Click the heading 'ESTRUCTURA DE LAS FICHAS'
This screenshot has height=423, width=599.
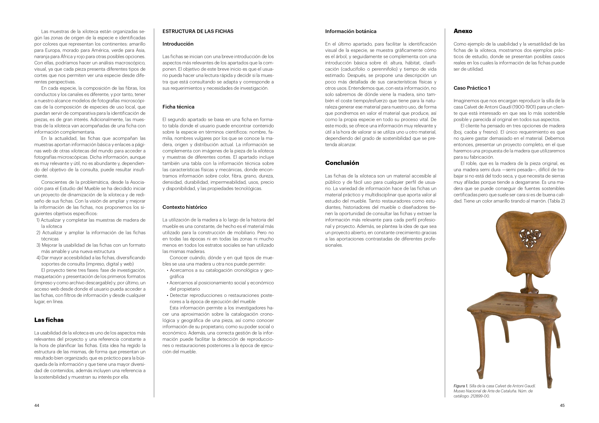[x=198, y=31]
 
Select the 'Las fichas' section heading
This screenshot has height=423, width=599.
[x=49, y=320]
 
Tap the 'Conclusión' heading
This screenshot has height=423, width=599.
[x=342, y=163]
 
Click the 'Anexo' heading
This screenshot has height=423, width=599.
[x=463, y=31]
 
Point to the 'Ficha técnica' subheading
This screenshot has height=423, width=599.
[x=178, y=107]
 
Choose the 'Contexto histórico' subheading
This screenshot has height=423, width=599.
[x=184, y=207]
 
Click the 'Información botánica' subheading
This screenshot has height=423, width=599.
[x=350, y=31]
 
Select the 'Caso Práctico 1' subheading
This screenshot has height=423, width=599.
[x=472, y=88]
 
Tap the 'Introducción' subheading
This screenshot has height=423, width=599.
[x=178, y=44]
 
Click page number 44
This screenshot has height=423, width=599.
[x=37, y=405]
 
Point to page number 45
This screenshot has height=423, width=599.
[x=562, y=405]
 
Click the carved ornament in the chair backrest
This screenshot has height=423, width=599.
[x=530, y=238]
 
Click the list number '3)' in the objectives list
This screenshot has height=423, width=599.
[x=38, y=245]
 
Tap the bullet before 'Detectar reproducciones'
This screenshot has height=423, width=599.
[x=168, y=296]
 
